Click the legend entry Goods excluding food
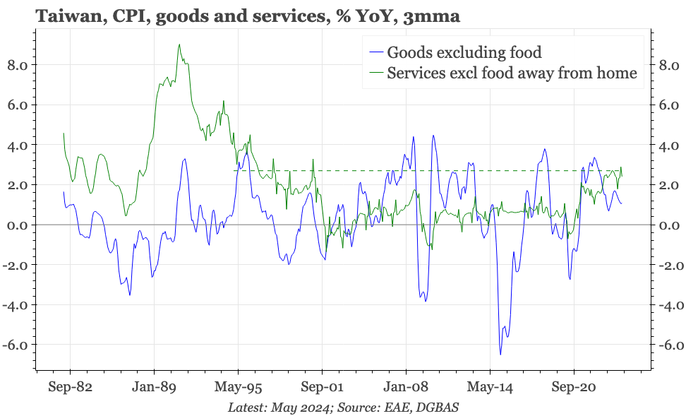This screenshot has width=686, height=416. coord(464,52)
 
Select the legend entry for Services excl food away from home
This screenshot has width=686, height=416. coord(512,72)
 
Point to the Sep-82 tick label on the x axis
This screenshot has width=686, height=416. coord(70,387)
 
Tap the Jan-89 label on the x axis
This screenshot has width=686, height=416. coord(154,387)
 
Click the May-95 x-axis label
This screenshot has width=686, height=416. coord(238,387)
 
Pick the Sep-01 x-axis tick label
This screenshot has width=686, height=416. coord(322,387)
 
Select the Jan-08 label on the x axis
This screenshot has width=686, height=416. coord(406,387)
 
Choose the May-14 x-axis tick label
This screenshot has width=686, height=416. coord(490,387)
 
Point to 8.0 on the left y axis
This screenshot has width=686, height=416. coord(17,65)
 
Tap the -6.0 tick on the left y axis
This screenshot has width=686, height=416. coord(15,345)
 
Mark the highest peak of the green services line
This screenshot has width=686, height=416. coord(179,44)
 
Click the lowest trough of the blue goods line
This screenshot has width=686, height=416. coord(500,355)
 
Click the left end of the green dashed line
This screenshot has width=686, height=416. coord(235,170)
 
